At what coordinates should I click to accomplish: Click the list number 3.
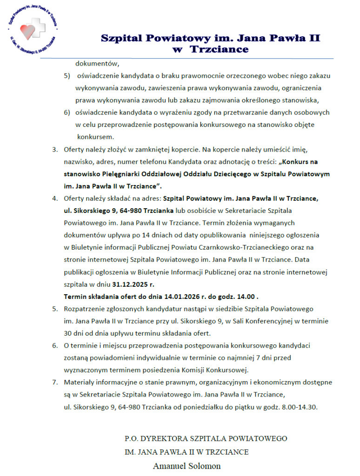click(x=54, y=150)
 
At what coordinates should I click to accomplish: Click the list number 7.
click(x=54, y=383)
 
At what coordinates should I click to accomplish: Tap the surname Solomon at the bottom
click(x=205, y=466)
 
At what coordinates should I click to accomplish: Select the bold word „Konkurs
click(x=297, y=162)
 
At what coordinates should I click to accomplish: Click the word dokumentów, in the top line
click(x=98, y=64)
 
